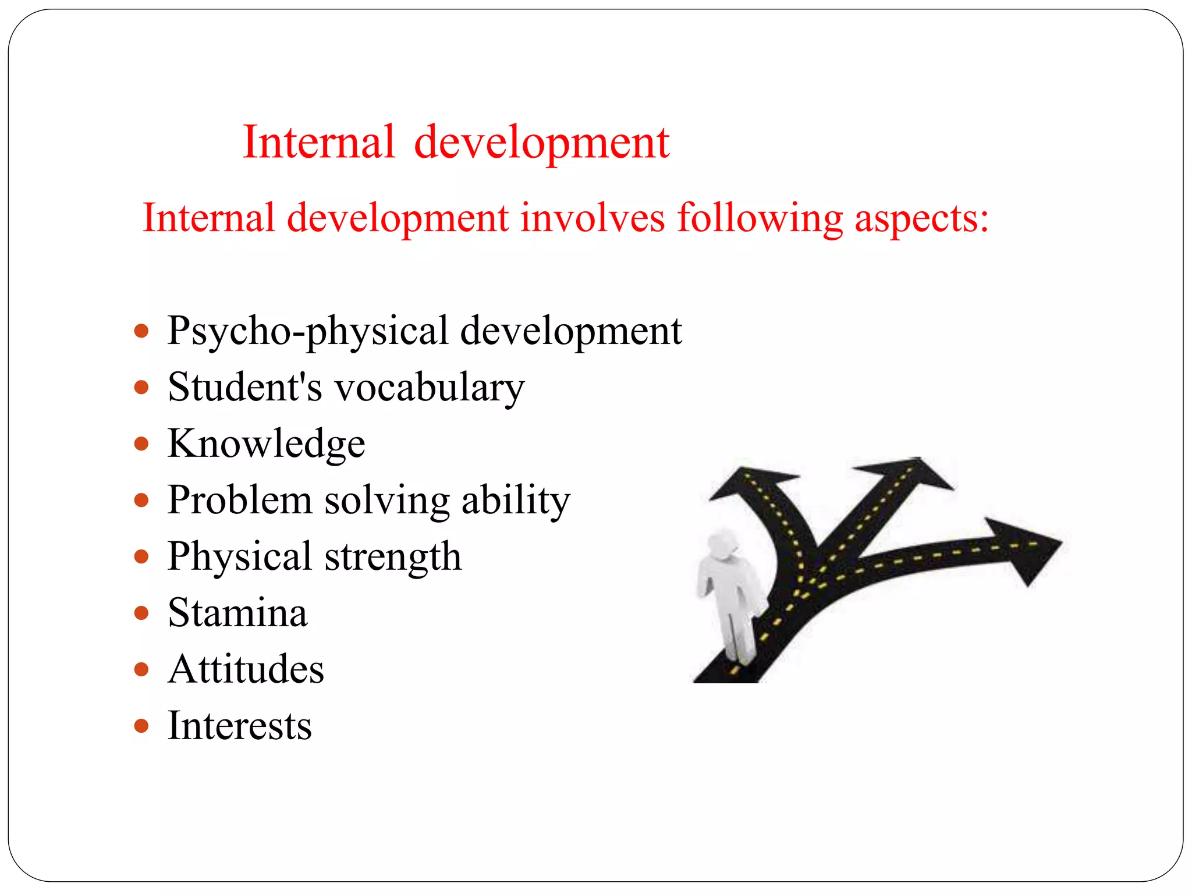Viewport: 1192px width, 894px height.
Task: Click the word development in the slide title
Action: (x=541, y=143)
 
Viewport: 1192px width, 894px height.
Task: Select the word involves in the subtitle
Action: (x=592, y=218)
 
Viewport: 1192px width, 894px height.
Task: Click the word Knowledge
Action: (x=266, y=444)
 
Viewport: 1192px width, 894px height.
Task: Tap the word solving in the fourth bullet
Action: (x=386, y=501)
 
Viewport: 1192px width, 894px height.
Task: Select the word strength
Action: (x=393, y=557)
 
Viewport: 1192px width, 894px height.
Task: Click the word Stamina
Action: (x=237, y=613)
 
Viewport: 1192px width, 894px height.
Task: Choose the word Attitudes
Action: (x=246, y=669)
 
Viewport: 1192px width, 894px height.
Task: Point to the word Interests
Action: (x=240, y=726)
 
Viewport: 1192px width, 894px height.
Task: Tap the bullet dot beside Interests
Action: (x=141, y=726)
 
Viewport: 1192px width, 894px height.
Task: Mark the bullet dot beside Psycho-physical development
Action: (x=141, y=331)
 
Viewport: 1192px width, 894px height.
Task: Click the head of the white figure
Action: (x=722, y=544)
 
